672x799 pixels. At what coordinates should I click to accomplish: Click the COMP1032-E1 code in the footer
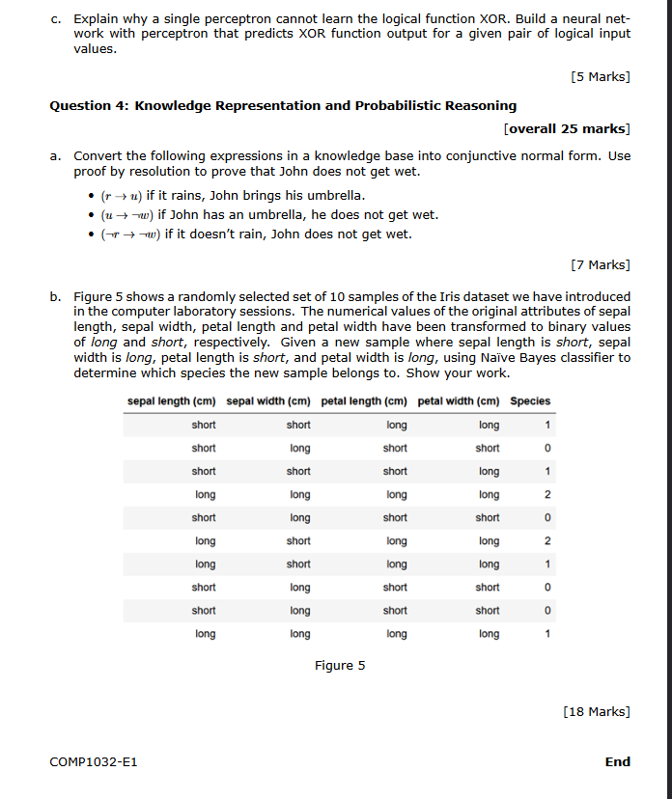tap(93, 762)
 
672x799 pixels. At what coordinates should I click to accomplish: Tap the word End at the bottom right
tap(617, 762)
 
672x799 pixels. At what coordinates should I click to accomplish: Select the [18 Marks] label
tap(596, 712)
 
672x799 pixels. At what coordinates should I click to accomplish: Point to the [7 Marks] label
tap(601, 264)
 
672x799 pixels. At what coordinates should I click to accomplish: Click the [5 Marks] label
tap(601, 76)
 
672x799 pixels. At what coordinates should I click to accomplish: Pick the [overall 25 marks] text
tap(567, 128)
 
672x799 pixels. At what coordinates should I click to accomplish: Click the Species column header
tap(530, 401)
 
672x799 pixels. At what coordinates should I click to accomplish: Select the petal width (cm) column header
tap(459, 401)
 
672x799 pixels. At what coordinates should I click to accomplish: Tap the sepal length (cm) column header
tap(171, 401)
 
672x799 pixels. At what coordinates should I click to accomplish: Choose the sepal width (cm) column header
tap(268, 401)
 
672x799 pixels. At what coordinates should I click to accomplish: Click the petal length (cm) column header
tap(364, 401)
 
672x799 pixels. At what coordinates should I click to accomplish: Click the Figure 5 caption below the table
tap(340, 665)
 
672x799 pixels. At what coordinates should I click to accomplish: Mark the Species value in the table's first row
tap(547, 426)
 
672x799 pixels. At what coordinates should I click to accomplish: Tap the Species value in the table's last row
tap(547, 634)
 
